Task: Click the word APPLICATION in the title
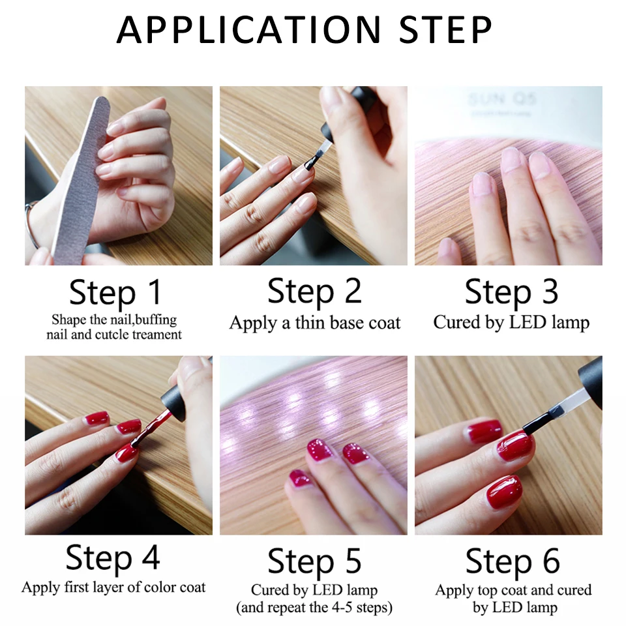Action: pos(248,29)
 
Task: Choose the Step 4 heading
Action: pos(113,559)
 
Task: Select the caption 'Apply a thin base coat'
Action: pos(314,323)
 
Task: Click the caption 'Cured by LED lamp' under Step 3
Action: pos(511,322)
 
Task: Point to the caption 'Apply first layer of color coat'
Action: pos(113,587)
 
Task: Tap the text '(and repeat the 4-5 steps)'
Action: pos(314,607)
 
